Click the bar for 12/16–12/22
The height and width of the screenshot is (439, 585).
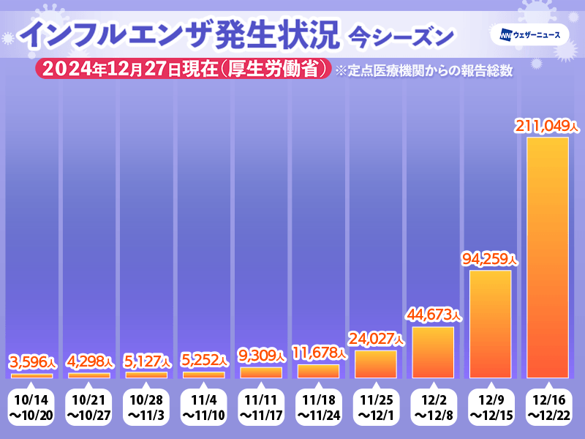point(548,257)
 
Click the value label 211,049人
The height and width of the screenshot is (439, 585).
point(548,127)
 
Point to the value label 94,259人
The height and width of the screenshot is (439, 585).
point(490,259)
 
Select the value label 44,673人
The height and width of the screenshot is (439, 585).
point(433,315)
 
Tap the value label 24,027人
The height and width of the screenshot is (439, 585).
point(376,339)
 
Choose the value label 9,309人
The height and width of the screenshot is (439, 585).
point(261,356)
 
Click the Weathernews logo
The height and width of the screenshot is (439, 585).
point(535,34)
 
